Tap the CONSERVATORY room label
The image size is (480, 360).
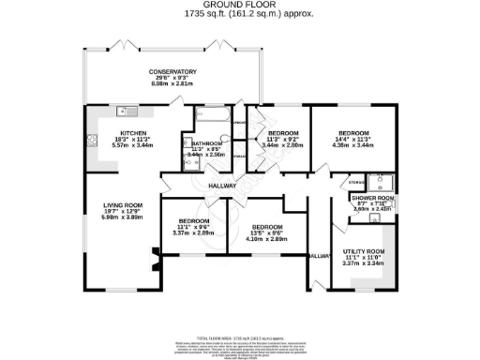point(172,71)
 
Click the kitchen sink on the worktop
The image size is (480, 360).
point(120,112)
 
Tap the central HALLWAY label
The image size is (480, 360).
point(221,186)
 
